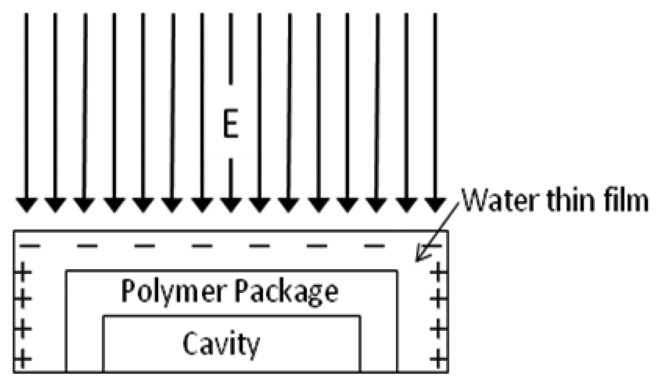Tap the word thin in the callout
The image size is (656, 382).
pyautogui.click(x=564, y=201)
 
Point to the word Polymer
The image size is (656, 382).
pyautogui.click(x=165, y=292)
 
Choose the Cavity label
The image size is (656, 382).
pyautogui.click(x=221, y=342)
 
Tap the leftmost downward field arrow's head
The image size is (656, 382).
pyautogui.click(x=26, y=204)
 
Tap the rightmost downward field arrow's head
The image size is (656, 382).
pyautogui.click(x=433, y=204)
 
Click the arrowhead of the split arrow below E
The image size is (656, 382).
pyautogui.click(x=230, y=204)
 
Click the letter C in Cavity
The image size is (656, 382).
pyautogui.click(x=190, y=342)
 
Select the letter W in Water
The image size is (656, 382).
pyautogui.click(x=474, y=201)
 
